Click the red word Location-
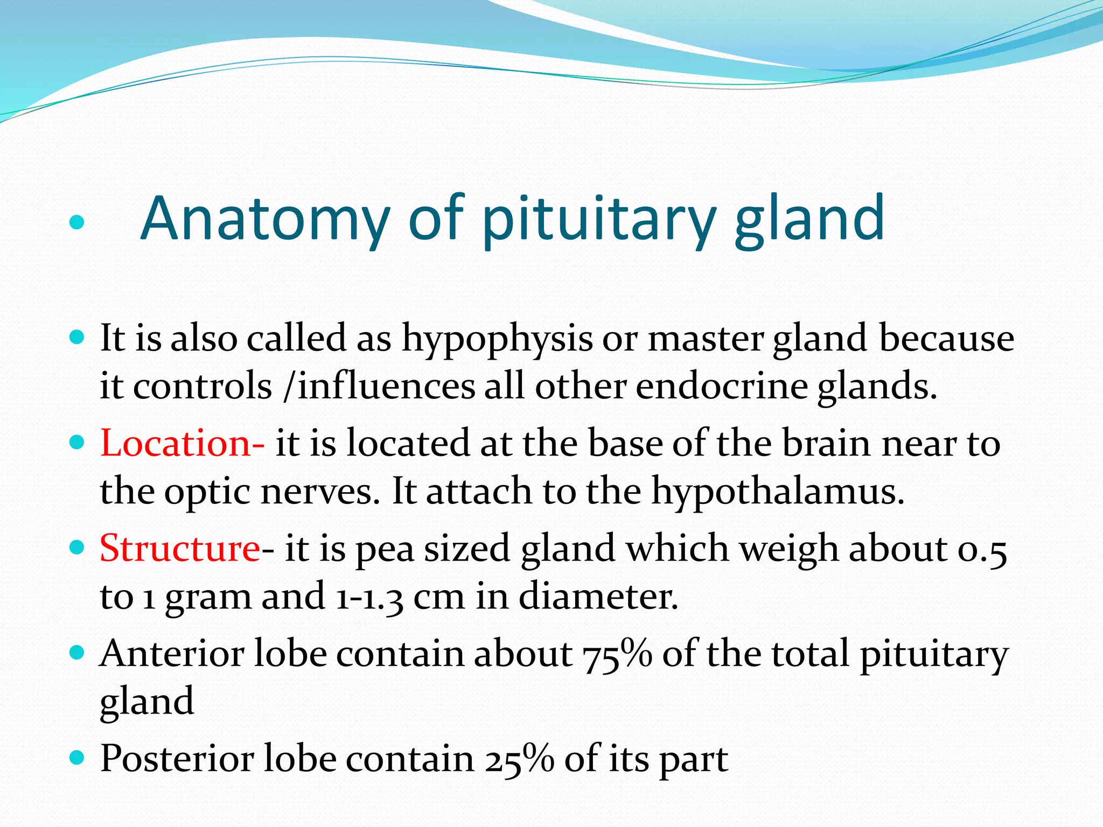(x=182, y=443)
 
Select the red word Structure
(x=180, y=548)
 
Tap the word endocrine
(x=722, y=386)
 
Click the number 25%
(x=519, y=759)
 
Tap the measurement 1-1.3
(x=369, y=597)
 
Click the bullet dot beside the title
(x=78, y=222)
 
